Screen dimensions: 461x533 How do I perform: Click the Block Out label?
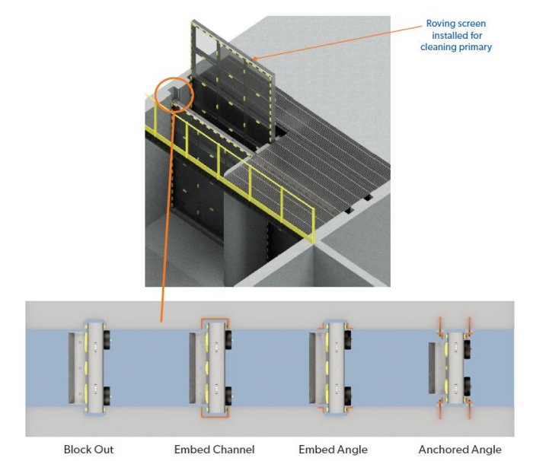tap(88, 450)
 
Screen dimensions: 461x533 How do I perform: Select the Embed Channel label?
tap(214, 450)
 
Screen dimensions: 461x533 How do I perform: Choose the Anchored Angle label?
tap(460, 450)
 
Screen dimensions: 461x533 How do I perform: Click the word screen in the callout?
tap(475, 23)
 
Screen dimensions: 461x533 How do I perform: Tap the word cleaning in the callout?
tap(438, 47)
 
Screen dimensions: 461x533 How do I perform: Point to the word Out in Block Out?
tap(104, 450)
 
